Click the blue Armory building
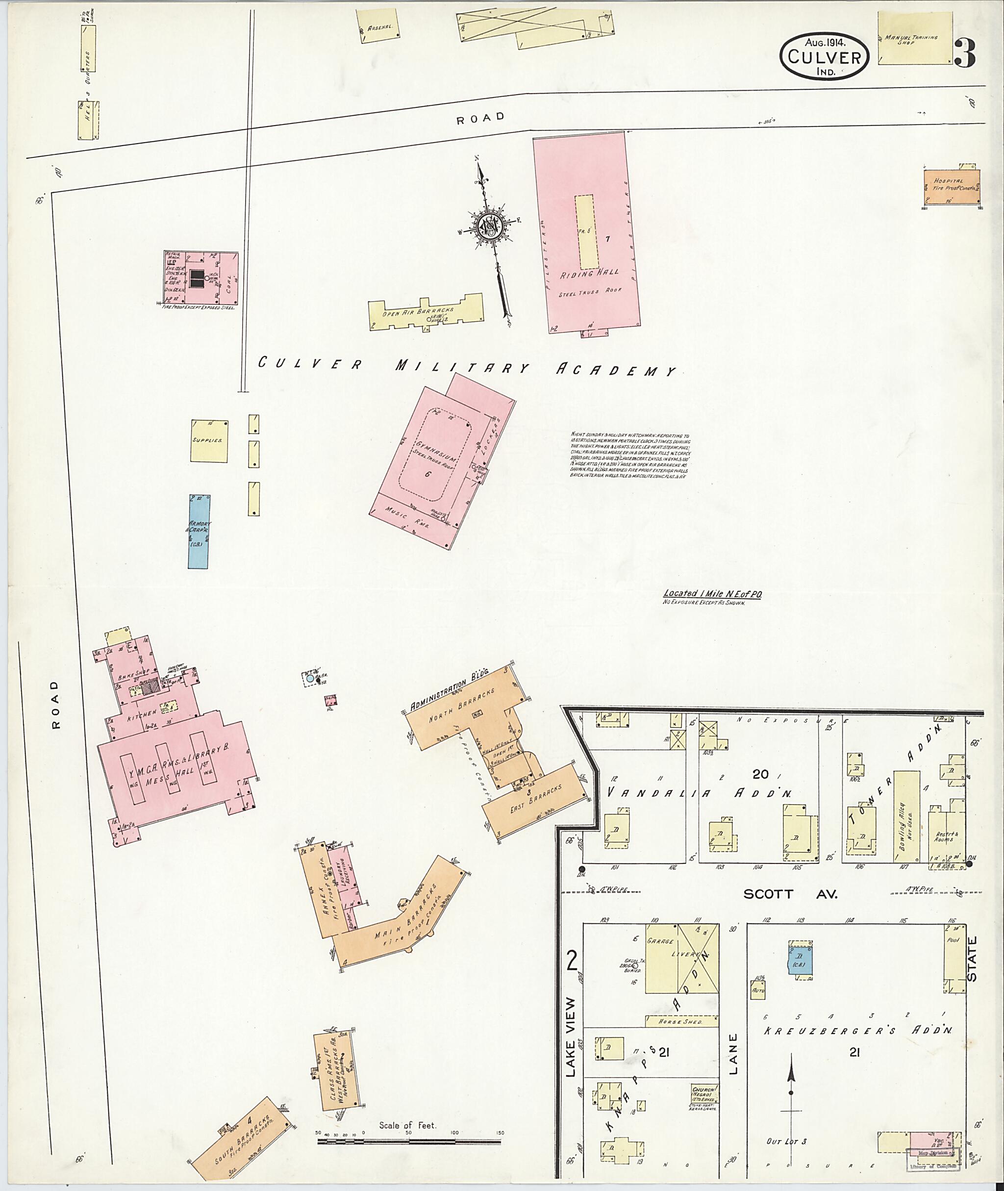click(199, 531)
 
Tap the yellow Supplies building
click(209, 441)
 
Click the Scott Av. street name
click(791, 894)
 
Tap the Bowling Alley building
click(905, 819)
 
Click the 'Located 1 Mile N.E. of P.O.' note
click(712, 594)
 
